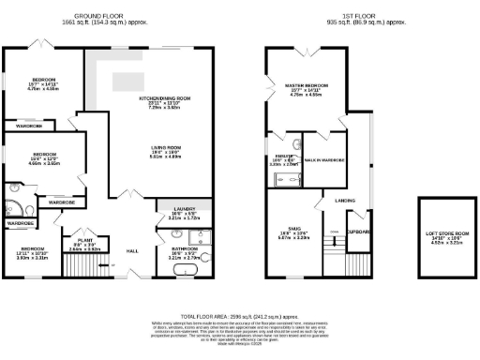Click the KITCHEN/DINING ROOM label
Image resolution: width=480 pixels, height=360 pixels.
pos(165,97)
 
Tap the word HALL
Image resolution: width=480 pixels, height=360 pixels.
pos(132,251)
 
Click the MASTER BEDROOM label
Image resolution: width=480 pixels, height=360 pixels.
pos(306,85)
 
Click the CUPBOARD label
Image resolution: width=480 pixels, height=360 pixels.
pos(359,231)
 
